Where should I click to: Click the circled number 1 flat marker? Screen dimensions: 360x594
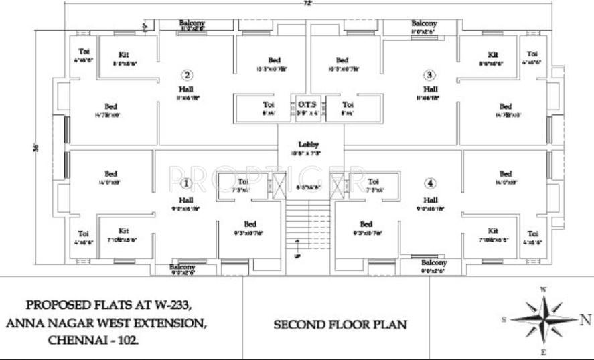186,183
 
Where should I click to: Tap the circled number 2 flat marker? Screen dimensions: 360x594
188,75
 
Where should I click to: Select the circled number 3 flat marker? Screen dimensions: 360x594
429,75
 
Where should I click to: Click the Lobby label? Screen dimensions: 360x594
309,145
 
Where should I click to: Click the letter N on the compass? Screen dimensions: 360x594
585,319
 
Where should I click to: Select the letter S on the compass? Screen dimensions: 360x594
503,321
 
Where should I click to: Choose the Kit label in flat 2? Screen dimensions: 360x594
123,54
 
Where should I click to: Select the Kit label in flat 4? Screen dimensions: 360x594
494,230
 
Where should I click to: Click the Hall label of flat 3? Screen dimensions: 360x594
430,89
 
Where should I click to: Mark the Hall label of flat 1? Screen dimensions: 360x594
185,200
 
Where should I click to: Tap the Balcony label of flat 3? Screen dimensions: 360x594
424,23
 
